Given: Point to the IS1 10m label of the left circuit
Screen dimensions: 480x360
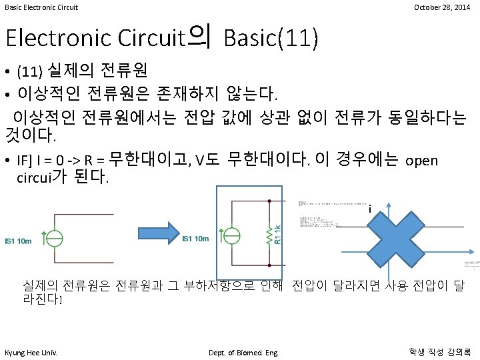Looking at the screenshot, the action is [x=19, y=241].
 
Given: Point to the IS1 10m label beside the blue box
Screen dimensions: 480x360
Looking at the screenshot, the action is [x=196, y=239].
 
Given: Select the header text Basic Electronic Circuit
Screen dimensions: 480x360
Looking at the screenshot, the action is [x=41, y=7].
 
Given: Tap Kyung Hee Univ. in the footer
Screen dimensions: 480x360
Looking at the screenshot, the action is [x=31, y=352].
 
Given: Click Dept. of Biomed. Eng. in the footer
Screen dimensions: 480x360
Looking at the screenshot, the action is [x=244, y=352].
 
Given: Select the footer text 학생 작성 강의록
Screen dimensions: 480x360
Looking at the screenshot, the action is [x=439, y=351].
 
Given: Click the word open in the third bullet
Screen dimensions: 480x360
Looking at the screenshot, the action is [x=421, y=161].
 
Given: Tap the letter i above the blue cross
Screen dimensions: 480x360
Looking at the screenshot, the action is [x=369, y=209].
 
